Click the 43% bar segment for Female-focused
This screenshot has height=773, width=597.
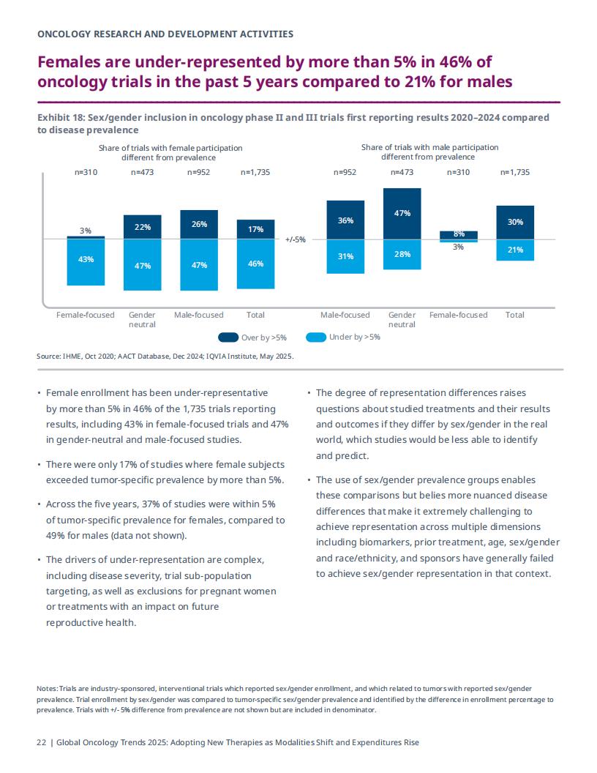coord(86,262)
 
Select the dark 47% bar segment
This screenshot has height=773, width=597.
coord(402,214)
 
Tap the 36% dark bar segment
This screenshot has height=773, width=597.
coord(345,220)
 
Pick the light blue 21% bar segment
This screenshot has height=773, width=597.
coord(515,250)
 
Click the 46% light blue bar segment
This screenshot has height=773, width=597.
coord(255,264)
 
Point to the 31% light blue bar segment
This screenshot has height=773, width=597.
coord(345,256)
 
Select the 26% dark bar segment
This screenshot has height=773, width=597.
coord(199,225)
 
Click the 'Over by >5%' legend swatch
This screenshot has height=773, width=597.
coord(228,337)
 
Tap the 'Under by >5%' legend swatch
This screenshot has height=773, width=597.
coord(316,337)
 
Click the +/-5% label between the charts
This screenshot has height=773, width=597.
coord(296,239)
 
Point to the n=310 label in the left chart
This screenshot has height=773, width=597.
coord(86,172)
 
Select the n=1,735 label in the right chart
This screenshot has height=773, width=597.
coord(515,172)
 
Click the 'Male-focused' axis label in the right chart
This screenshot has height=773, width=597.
coord(345,315)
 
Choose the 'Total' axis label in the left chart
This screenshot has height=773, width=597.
coord(255,315)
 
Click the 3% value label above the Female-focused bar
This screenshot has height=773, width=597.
coord(86,231)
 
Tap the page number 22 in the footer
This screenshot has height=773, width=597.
coord(42,742)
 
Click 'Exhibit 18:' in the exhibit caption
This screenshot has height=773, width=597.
coord(61,117)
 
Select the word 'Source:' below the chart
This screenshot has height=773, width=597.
coord(49,356)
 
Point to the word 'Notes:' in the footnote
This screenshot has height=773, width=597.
coord(48,688)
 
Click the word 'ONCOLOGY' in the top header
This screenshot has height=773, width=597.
coord(64,34)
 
